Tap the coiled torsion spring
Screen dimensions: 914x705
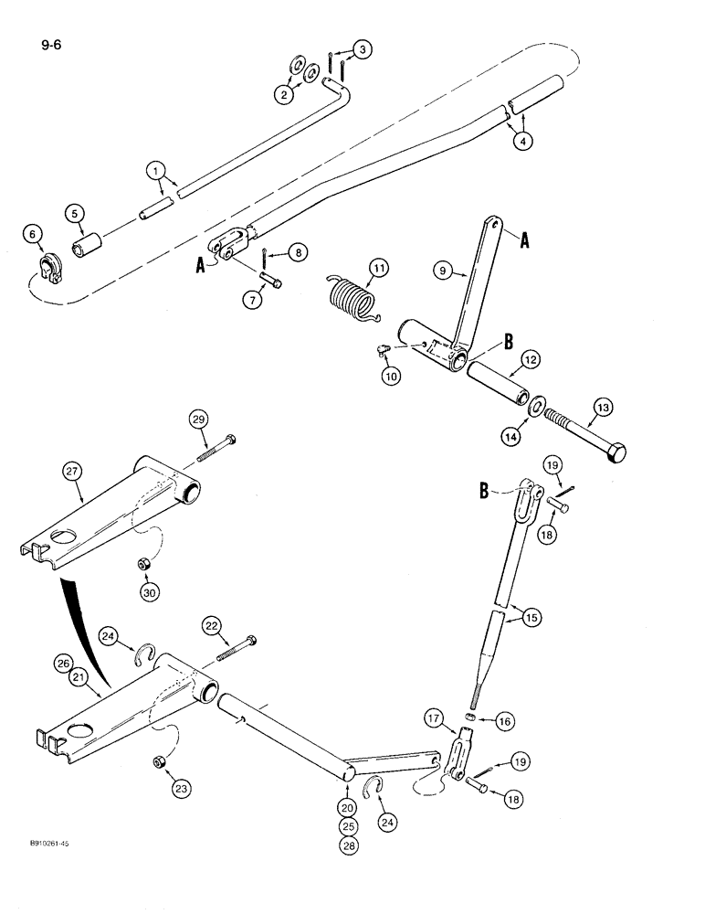[x=349, y=302]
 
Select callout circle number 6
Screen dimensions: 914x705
[x=35, y=237]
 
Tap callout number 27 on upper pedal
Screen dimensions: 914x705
[x=72, y=471]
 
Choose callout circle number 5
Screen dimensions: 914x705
[x=75, y=216]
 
